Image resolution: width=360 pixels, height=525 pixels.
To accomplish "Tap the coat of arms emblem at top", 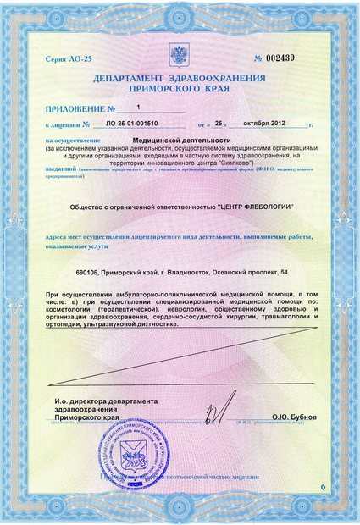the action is [x=179, y=56].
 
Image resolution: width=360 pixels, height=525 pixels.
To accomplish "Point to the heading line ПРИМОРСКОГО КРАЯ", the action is [x=180, y=87].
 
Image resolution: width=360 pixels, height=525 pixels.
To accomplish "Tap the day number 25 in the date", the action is [x=218, y=124].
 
